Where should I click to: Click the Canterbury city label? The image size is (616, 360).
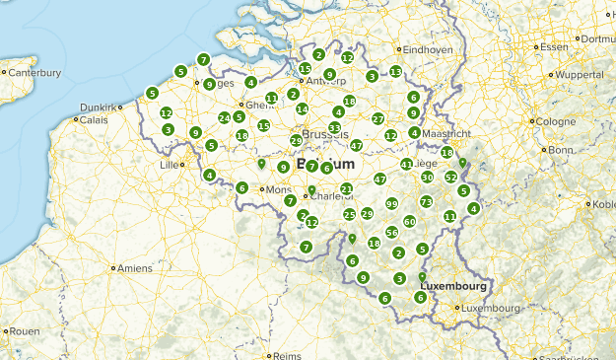[x=35, y=72]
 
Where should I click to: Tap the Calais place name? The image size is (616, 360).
[x=93, y=120]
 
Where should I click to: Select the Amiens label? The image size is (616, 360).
[x=135, y=268]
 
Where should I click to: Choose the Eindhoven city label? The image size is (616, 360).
[x=428, y=49]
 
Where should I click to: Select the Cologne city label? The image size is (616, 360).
[x=557, y=121]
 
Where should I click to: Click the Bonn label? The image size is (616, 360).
[x=560, y=150]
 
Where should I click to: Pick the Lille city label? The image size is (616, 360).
[x=170, y=165]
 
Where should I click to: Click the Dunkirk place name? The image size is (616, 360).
[x=98, y=107]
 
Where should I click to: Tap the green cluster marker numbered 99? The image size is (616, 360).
[x=391, y=203]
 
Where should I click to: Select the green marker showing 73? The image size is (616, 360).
[x=426, y=201]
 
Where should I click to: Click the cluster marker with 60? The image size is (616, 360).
[x=409, y=221]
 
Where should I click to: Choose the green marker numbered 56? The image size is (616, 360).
[x=391, y=232]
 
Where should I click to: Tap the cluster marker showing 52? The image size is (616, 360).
[x=450, y=178]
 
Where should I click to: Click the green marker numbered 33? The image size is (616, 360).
[x=335, y=127]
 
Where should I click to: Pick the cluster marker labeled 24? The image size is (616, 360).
[x=224, y=117]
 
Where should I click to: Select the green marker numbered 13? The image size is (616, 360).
[x=395, y=71]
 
